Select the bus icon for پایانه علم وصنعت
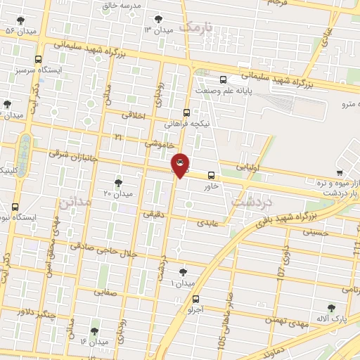(x=224, y=79)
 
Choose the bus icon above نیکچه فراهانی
(x=186, y=112)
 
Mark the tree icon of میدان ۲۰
(x=117, y=182)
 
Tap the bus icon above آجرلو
(x=195, y=298)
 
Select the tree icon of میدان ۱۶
(x=94, y=330)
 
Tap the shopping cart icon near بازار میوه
(x=340, y=173)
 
